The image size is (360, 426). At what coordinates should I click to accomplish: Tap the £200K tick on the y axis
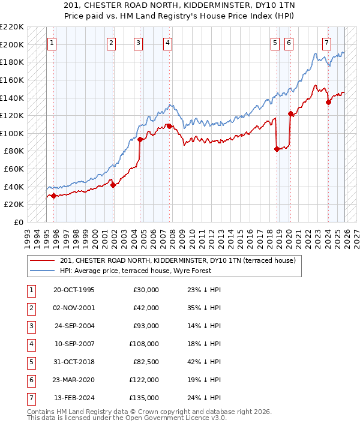click(x=12, y=44)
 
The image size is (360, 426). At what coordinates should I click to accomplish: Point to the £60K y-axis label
click(x=14, y=169)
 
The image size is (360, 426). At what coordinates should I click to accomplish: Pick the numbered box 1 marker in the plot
click(x=52, y=43)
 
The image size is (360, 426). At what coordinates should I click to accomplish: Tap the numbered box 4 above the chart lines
click(x=167, y=43)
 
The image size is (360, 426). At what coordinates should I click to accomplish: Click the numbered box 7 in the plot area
click(x=326, y=43)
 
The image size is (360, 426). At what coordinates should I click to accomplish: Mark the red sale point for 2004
click(x=140, y=139)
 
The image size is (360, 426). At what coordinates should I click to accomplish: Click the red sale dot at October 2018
click(x=277, y=149)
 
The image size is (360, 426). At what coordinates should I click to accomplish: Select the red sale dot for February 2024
click(x=328, y=102)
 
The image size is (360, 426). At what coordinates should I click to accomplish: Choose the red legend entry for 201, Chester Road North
click(x=178, y=260)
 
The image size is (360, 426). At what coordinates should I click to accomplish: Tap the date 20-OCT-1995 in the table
click(x=74, y=290)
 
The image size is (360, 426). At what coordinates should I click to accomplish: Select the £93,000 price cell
click(x=144, y=326)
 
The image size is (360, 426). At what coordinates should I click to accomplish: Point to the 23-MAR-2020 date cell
click(x=74, y=380)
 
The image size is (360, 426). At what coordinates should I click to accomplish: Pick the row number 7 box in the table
click(x=31, y=398)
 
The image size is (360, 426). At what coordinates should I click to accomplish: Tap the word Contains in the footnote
click(x=42, y=412)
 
